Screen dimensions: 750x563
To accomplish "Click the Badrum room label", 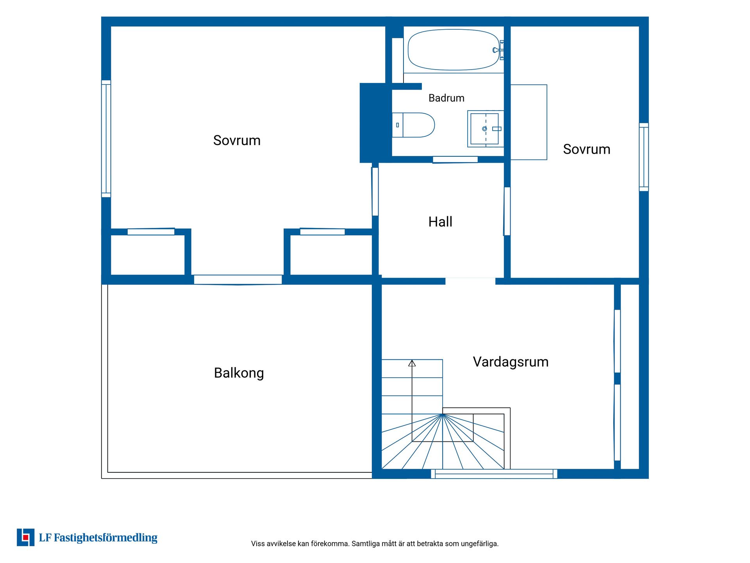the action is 446,98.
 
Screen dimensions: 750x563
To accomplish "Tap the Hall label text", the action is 440,222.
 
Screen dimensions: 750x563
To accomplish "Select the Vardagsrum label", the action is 511,362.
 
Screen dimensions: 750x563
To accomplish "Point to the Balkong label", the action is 239,373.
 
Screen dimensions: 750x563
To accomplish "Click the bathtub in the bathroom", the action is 453,50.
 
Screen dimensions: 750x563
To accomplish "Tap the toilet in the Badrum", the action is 413,125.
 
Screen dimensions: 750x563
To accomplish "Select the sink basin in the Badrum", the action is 484,129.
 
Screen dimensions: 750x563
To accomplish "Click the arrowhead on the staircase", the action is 412,363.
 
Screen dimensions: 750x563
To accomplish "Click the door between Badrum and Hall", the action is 455,160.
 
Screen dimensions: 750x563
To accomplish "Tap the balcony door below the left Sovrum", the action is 238,280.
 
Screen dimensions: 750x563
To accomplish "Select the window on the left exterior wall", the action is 106,139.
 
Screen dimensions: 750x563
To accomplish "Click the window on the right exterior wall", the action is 644,157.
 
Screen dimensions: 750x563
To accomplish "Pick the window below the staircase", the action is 494,474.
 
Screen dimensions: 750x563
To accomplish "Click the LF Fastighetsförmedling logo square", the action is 25,537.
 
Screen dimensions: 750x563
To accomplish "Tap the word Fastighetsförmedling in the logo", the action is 105,538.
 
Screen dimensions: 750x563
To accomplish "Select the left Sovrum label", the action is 237,140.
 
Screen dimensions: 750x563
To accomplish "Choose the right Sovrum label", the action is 586,149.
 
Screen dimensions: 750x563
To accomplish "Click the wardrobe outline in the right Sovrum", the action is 529,122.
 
